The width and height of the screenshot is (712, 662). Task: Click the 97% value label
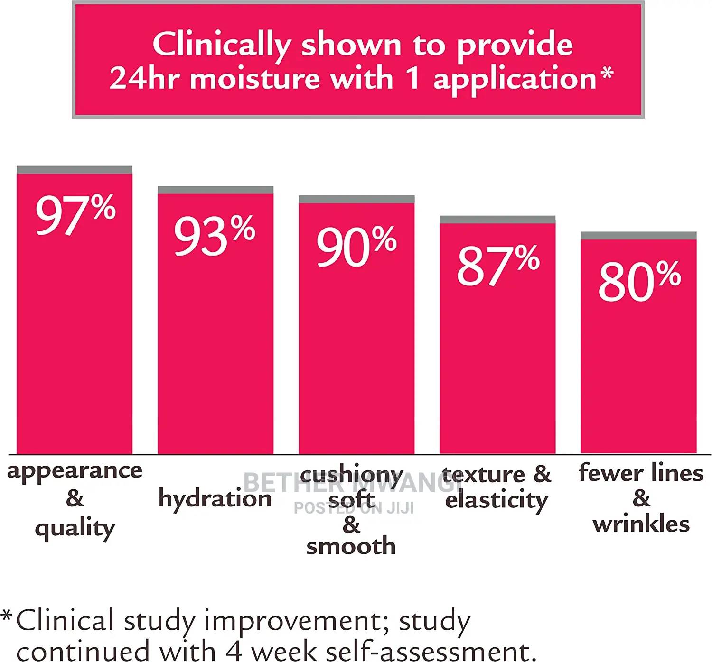(x=75, y=215)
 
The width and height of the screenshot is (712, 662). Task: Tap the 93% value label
(x=215, y=236)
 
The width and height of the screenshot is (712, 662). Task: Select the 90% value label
(x=356, y=246)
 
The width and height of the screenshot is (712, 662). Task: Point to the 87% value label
(x=498, y=266)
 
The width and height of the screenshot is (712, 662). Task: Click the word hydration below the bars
(x=215, y=499)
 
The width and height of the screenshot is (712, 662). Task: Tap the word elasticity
(x=497, y=500)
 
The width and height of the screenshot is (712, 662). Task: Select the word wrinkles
(x=641, y=524)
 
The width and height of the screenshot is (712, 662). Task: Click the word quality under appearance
(x=75, y=528)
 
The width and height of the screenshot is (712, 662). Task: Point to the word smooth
(x=351, y=546)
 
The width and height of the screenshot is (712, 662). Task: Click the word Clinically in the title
(x=221, y=45)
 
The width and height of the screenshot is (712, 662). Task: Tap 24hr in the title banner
(x=144, y=78)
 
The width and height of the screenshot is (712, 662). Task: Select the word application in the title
(x=515, y=79)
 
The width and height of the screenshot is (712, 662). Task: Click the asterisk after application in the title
(x=607, y=74)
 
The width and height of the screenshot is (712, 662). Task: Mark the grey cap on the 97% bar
(x=75, y=170)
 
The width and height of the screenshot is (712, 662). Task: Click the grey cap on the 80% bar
(x=638, y=236)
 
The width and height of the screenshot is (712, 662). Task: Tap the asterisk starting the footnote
(x=7, y=616)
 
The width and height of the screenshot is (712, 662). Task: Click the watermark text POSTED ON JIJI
(x=354, y=508)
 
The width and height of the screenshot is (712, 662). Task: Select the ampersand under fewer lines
(x=641, y=498)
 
